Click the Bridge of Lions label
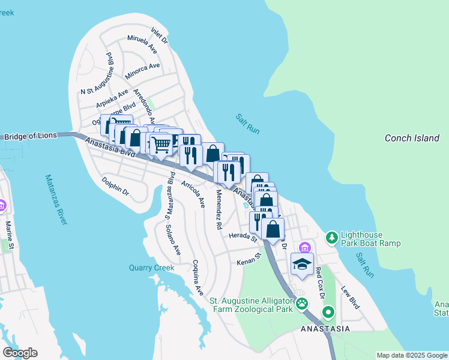30,136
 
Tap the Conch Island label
412,138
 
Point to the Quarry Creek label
151,268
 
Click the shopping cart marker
160,145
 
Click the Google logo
20,353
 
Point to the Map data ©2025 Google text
412,355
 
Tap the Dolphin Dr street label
115,186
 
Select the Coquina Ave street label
197,277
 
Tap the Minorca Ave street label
143,71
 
